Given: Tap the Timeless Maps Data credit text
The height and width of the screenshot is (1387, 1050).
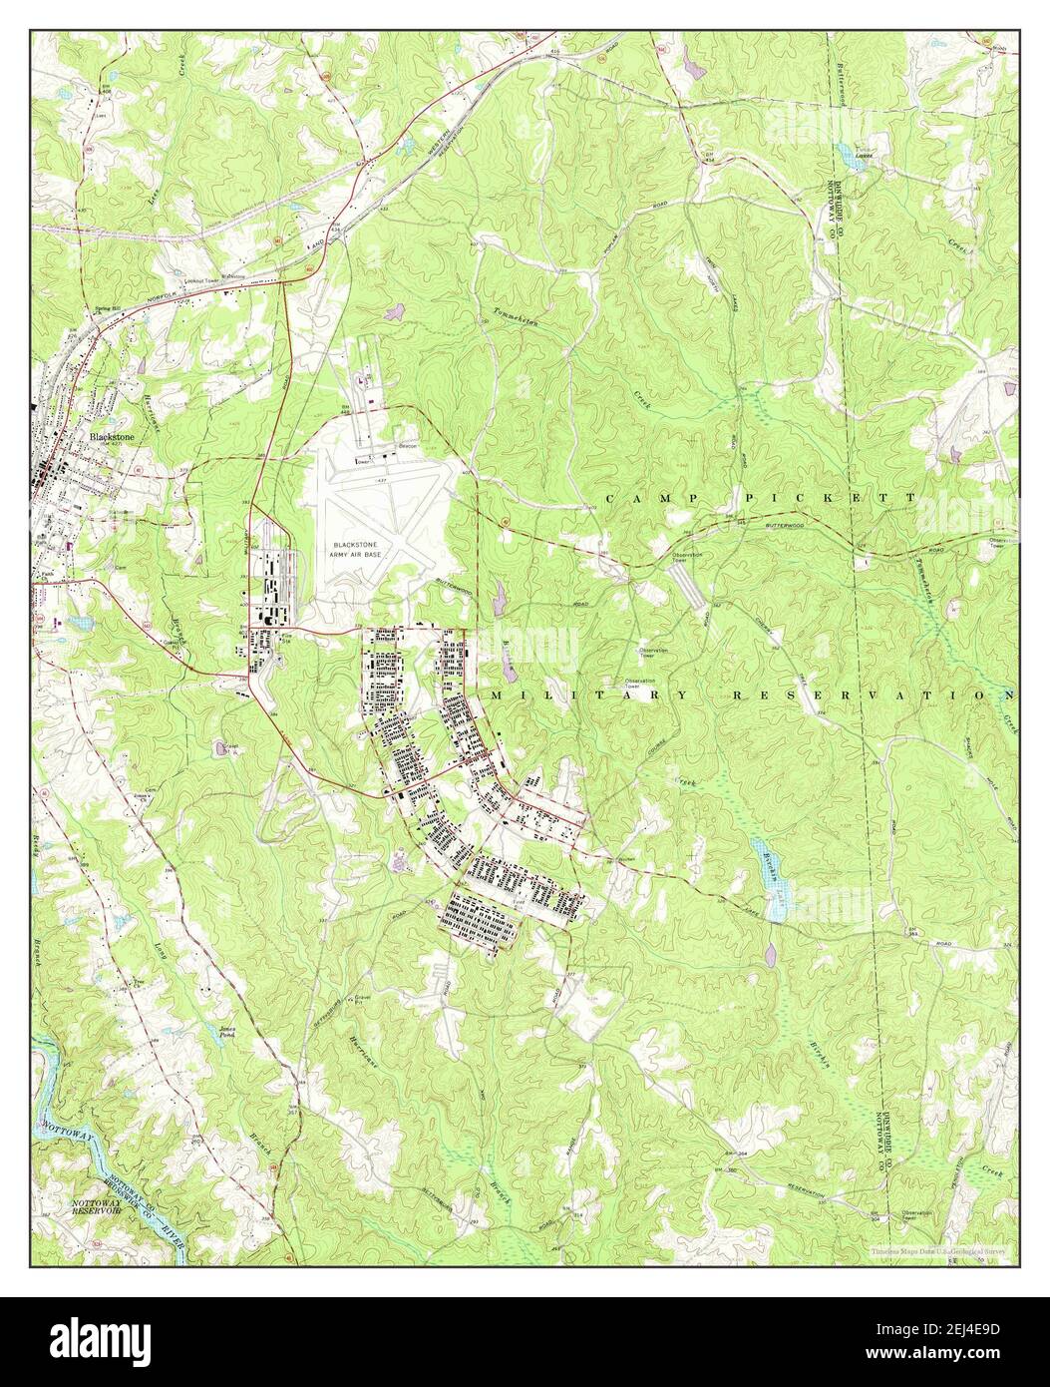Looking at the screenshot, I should pos(937,1249).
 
